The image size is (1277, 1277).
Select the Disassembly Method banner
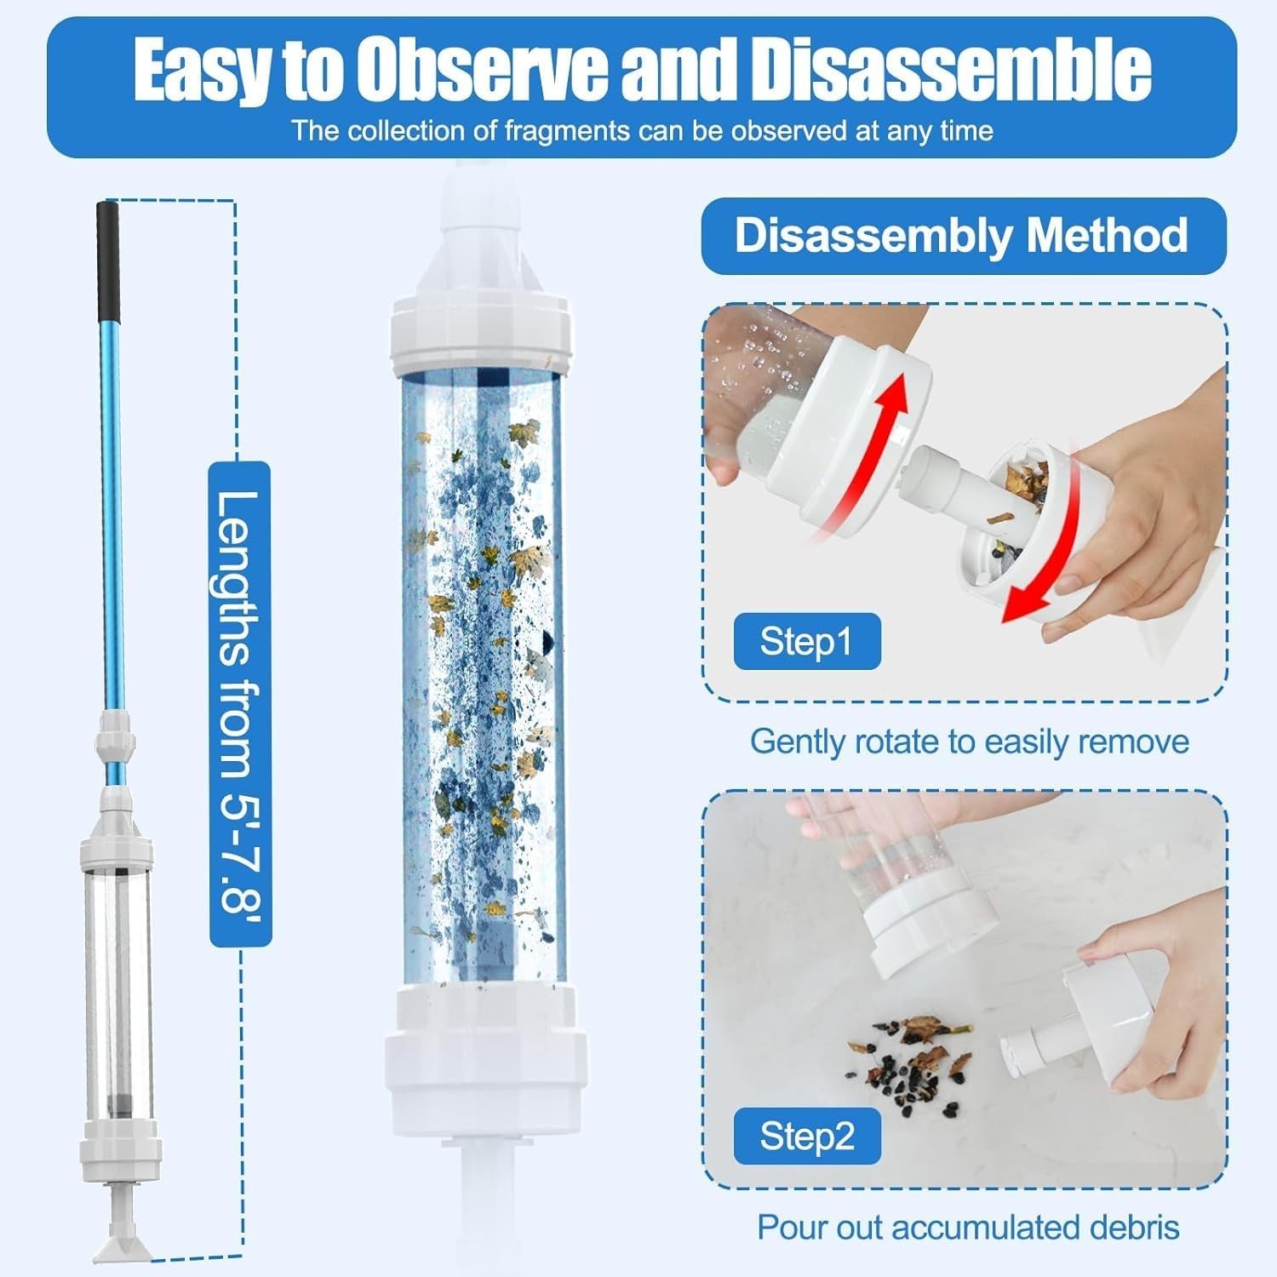963,236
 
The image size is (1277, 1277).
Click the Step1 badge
806,641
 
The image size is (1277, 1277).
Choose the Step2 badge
806,1137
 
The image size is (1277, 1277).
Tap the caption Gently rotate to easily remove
969,742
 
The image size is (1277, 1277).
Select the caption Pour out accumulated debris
969,1228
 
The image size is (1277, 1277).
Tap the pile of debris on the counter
911,1057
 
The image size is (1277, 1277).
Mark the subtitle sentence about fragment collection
643,131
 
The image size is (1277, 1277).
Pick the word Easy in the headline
202,72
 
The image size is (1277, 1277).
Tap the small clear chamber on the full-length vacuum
117,992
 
